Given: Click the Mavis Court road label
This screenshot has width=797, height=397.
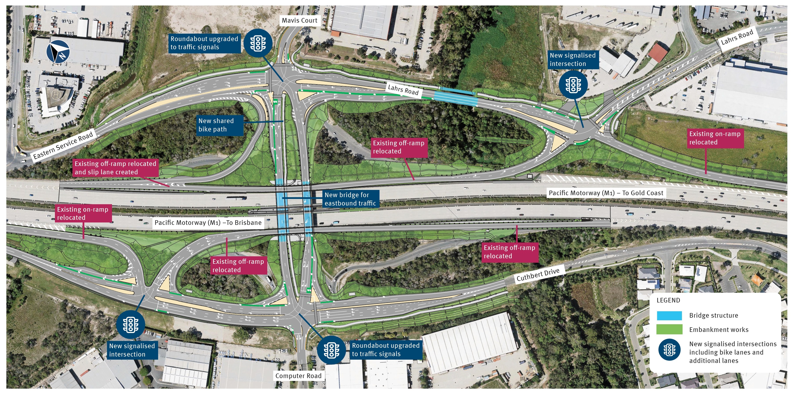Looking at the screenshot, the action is click(x=299, y=20).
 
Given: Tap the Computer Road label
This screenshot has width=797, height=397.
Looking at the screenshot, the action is click(x=298, y=376).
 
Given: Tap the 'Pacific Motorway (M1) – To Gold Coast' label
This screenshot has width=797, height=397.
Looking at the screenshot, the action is click(x=606, y=193).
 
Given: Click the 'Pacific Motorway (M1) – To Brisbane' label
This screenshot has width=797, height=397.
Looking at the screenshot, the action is click(x=208, y=223).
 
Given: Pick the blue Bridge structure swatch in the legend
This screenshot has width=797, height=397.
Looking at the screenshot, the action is click(x=669, y=316).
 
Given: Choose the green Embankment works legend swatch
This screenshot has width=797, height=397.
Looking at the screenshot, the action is click(x=669, y=330).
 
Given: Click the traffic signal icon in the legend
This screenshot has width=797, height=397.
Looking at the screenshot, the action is click(x=669, y=350).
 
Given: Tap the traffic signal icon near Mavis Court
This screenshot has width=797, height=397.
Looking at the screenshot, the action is click(x=258, y=43).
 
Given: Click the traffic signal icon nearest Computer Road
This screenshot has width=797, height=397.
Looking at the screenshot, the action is click(x=331, y=350).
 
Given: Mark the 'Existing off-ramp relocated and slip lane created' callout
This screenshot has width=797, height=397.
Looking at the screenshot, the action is click(x=115, y=168).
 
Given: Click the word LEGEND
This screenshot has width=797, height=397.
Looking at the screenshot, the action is click(x=668, y=300).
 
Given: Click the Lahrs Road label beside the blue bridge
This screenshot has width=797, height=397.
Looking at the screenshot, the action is click(x=403, y=90).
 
